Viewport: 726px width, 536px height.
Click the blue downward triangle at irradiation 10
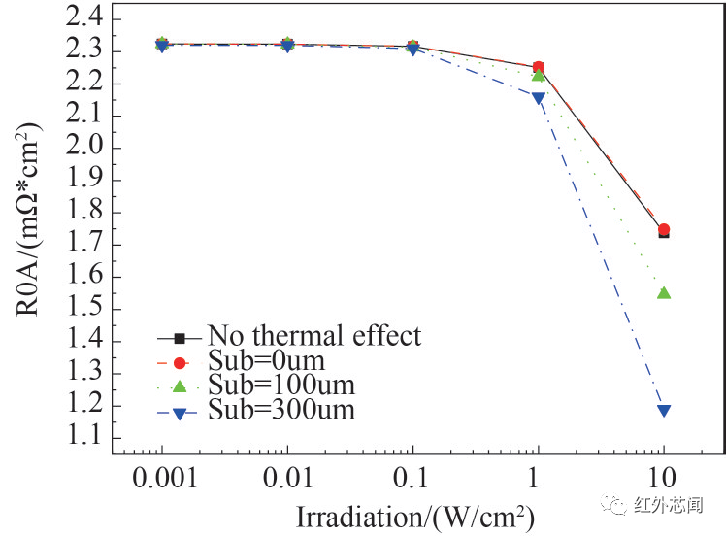pyautogui.click(x=664, y=410)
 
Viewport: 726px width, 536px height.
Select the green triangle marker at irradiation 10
pyautogui.click(x=664, y=292)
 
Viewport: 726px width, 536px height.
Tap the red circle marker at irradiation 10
pyautogui.click(x=664, y=230)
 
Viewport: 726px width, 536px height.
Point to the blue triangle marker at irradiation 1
pyautogui.click(x=539, y=98)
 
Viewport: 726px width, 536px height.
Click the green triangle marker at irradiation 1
pyautogui.click(x=539, y=75)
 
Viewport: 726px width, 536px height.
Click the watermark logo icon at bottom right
pyautogui.click(x=614, y=503)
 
